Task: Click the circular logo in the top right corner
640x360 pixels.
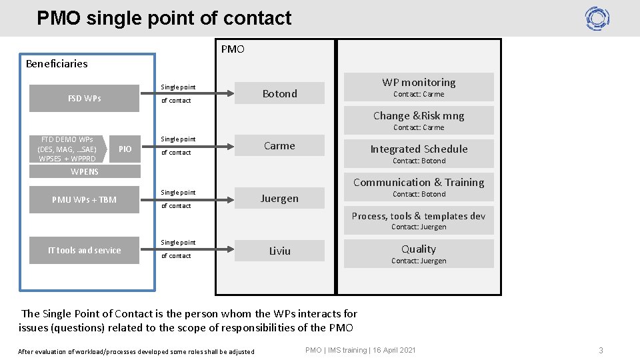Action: [x=597, y=19]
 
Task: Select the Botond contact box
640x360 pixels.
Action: [x=279, y=93]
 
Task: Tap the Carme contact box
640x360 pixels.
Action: [x=279, y=145]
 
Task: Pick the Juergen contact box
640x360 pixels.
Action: [x=279, y=198]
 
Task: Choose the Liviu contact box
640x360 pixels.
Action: [x=279, y=251]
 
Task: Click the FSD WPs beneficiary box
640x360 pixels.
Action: [x=85, y=99]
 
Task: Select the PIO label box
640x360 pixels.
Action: [x=125, y=149]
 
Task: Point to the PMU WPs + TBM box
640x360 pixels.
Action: [x=85, y=199]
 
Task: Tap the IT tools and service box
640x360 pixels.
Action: [x=85, y=251]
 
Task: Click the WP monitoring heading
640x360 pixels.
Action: [x=419, y=83]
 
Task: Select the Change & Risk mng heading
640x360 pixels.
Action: [x=419, y=116]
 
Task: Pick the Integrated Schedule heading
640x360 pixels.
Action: [x=419, y=149]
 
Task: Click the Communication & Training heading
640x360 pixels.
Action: [x=419, y=182]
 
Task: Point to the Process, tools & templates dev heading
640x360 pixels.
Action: [x=419, y=216]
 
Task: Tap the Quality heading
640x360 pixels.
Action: [x=419, y=249]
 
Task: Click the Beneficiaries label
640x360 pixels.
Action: [x=57, y=64]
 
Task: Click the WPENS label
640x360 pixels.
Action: [x=85, y=172]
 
